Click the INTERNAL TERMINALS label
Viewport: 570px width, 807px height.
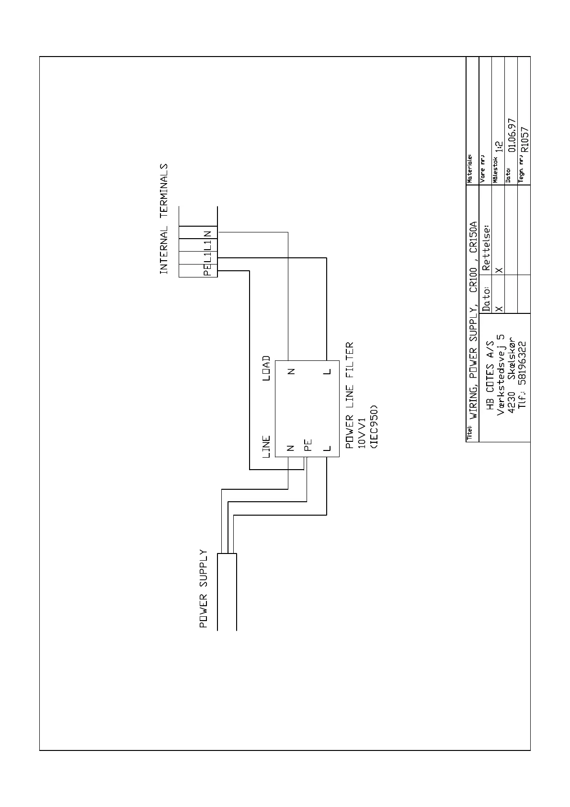[164, 219]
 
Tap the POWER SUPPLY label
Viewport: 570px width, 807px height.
[204, 589]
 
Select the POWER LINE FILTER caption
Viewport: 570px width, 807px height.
[350, 395]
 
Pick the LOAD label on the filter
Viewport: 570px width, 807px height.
[267, 369]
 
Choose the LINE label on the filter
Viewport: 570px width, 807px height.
[267, 447]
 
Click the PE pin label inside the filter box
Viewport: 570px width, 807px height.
[308, 446]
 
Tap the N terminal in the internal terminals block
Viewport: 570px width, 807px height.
[207, 234]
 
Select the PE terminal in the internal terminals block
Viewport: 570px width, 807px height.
[207, 271]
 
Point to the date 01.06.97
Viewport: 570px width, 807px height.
[512, 136]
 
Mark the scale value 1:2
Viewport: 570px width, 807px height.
[499, 147]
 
